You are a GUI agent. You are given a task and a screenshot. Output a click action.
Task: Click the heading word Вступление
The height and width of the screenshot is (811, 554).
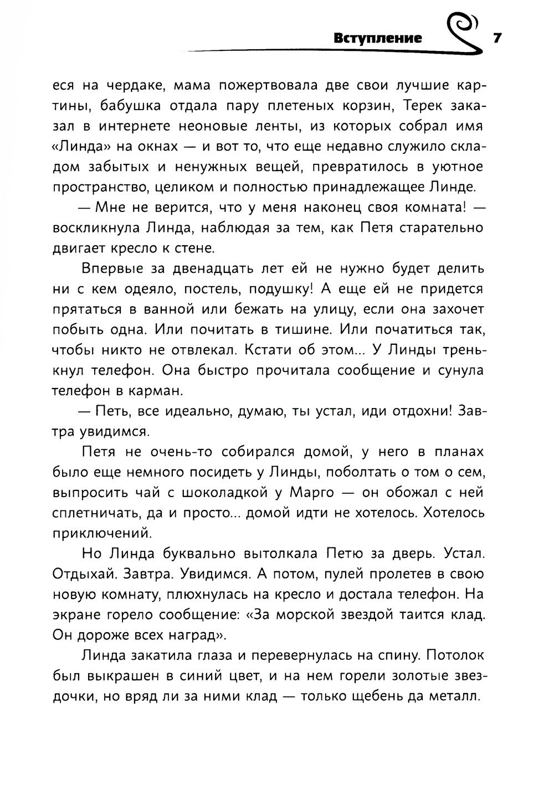pyautogui.click(x=378, y=38)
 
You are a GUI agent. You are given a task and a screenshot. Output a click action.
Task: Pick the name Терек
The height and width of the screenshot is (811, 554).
pyautogui.click(x=404, y=106)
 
